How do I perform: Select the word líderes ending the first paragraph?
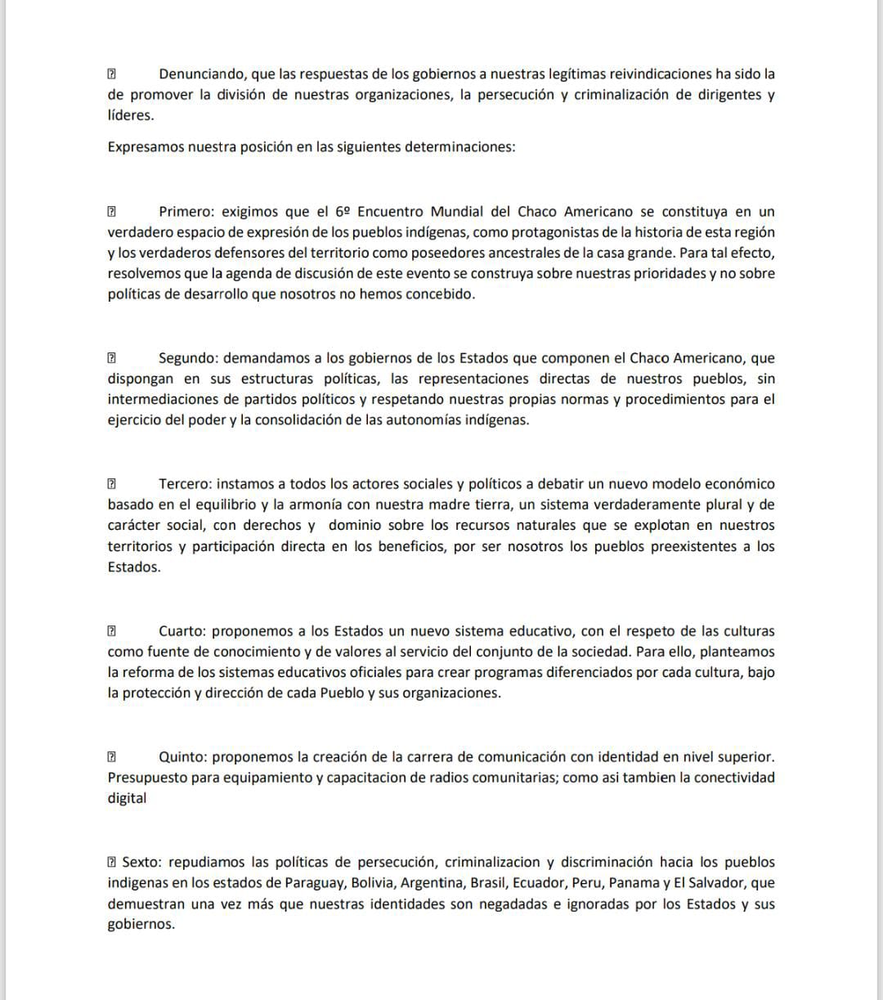pyautogui.click(x=130, y=115)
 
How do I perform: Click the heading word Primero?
pyautogui.click(x=185, y=212)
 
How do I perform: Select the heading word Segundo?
pyautogui.click(x=187, y=358)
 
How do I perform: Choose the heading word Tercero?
pyautogui.click(x=185, y=484)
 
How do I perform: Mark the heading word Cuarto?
pyautogui.click(x=182, y=631)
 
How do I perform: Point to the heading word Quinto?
pyautogui.click(x=182, y=757)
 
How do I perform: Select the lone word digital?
pyautogui.click(x=127, y=798)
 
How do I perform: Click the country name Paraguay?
pyautogui.click(x=314, y=883)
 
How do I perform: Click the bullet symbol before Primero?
pyautogui.click(x=112, y=212)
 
